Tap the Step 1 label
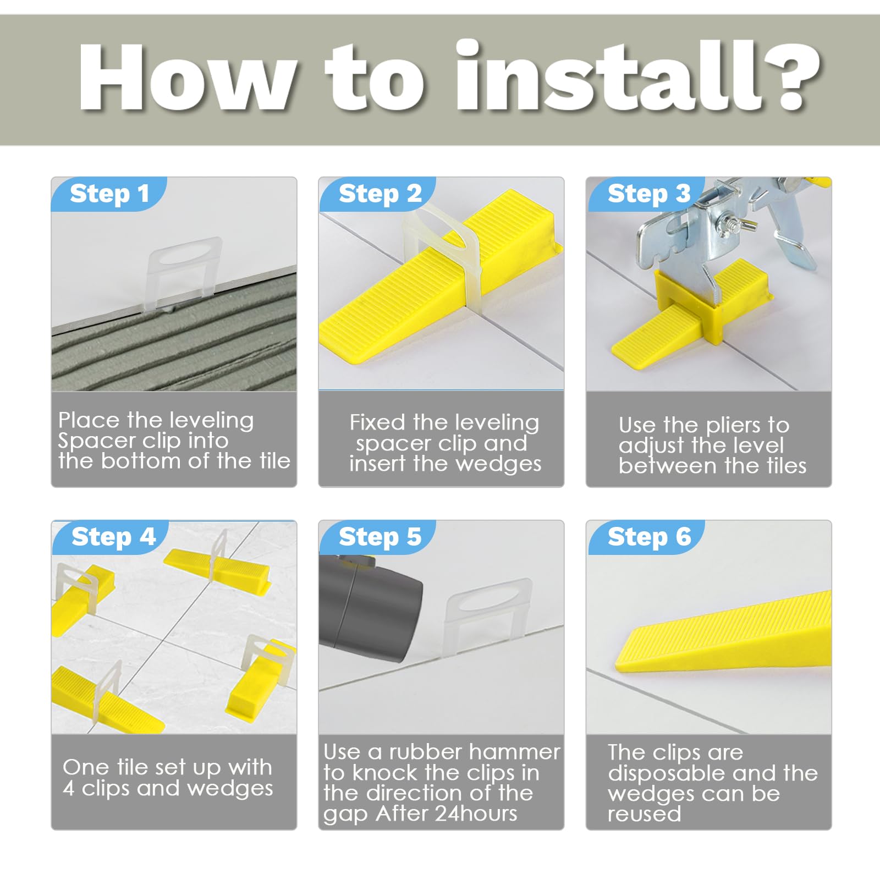109,194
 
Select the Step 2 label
380,194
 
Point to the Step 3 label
649,194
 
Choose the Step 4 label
114,537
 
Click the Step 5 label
380,537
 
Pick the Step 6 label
649,537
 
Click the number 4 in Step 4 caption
69,789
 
